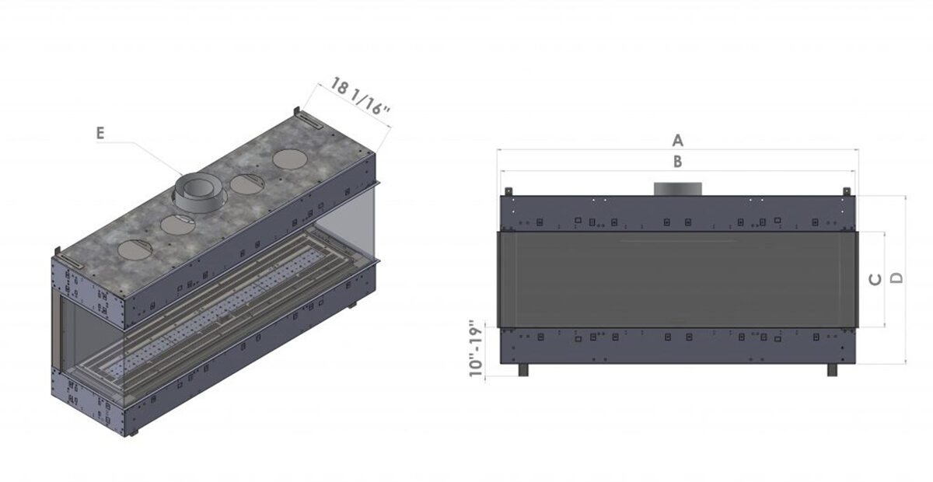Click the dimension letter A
678,141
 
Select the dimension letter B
678,162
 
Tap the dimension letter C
875,280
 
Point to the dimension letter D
896,278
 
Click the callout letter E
100,133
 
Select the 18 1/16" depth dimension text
360,96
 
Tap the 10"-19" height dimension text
476,348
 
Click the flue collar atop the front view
678,189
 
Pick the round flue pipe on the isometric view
198,193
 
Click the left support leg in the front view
523,369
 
